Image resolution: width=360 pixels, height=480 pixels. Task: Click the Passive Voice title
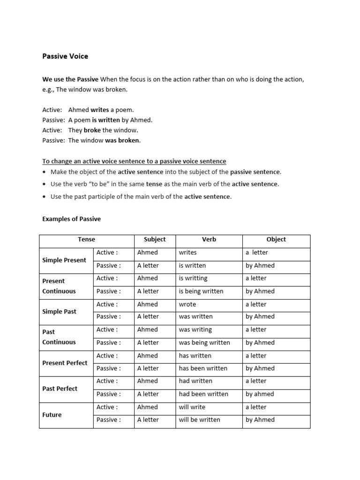(65, 56)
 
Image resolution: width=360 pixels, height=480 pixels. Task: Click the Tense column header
(86, 239)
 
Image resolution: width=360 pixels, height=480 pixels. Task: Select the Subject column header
(155, 239)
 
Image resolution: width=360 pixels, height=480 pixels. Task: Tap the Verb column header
(209, 239)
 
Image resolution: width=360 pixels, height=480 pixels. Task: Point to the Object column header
(276, 239)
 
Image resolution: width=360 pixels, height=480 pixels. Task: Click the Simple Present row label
(64, 260)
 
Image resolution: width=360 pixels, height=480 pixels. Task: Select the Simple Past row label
(59, 311)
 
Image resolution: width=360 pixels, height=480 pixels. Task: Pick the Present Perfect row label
(65, 363)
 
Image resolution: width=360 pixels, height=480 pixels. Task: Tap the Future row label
(52, 415)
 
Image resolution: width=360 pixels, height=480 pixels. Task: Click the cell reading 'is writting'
(193, 278)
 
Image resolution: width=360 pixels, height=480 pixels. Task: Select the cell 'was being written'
(204, 343)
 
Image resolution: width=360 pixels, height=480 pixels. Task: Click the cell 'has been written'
(203, 368)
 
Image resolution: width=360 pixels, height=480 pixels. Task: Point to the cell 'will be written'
(199, 420)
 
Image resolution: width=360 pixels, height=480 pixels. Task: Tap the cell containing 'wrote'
(187, 304)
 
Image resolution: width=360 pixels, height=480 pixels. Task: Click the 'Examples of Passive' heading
(71, 219)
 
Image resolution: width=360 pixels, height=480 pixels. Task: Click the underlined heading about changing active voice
(134, 161)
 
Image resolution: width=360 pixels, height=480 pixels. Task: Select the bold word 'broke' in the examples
(92, 130)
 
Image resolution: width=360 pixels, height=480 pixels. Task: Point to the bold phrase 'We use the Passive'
(70, 79)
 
